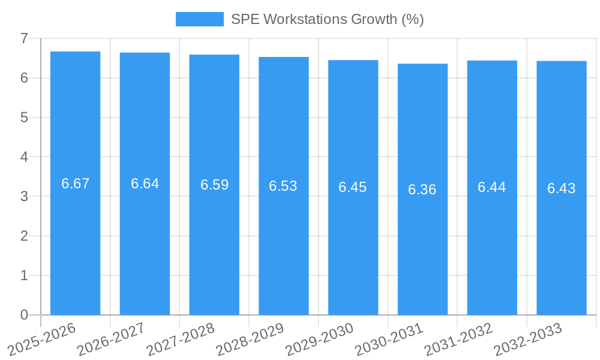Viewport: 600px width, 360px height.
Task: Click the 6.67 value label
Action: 75,184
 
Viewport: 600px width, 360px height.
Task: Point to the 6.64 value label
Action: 145,184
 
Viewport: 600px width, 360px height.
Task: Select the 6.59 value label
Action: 214,185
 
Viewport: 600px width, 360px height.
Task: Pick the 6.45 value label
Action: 353,187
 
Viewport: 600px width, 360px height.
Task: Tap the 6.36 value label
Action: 422,190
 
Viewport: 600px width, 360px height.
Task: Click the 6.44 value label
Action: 492,187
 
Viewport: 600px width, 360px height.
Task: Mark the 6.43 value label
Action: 561,188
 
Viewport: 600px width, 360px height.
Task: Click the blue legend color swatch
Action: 199,19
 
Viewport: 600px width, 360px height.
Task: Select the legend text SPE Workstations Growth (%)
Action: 328,19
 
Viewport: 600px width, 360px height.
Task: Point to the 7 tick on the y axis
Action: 24,38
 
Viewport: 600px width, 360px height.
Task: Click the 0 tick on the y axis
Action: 24,315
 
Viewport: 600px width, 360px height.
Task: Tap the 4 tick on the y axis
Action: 24,157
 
